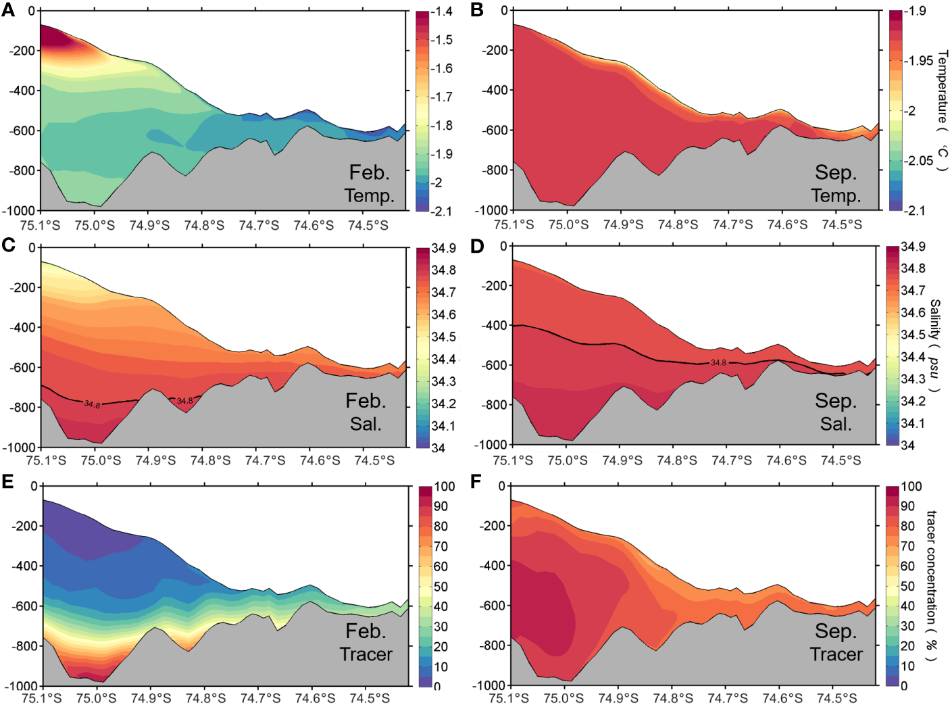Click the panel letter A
click(8, 10)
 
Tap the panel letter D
click(477, 245)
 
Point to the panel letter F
click(476, 481)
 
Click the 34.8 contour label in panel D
click(718, 363)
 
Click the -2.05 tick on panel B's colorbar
click(919, 161)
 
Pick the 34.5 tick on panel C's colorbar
click(444, 337)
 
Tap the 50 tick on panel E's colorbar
click(441, 587)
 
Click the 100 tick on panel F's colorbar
click(911, 487)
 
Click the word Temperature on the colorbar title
click(943, 86)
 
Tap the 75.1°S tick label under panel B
click(514, 225)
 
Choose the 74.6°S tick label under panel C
click(320, 460)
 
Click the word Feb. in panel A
click(369, 172)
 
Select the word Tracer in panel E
click(366, 654)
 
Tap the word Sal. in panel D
click(836, 424)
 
